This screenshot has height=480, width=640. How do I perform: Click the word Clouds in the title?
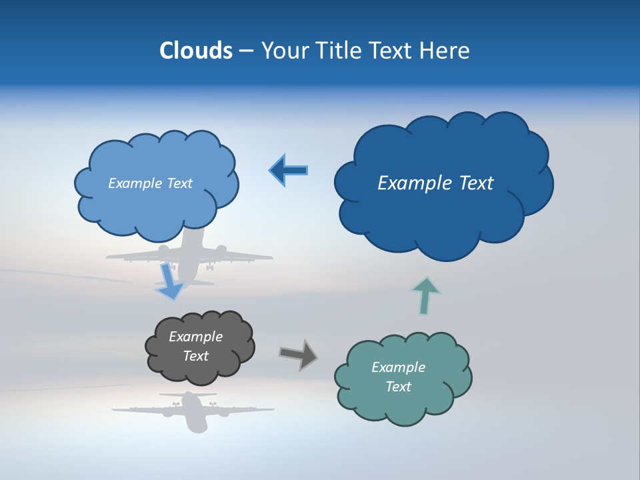point(196,51)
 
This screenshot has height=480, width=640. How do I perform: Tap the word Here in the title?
point(447,51)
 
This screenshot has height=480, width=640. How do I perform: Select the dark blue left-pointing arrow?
point(289,171)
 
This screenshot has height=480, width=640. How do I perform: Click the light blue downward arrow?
point(169,281)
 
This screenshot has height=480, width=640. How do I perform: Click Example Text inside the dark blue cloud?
point(435,183)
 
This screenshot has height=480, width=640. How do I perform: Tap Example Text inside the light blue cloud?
point(150,183)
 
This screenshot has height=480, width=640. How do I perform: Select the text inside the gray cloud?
point(196,347)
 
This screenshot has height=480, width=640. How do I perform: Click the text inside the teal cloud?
point(398,377)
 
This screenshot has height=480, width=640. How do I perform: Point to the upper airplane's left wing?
point(133,256)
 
